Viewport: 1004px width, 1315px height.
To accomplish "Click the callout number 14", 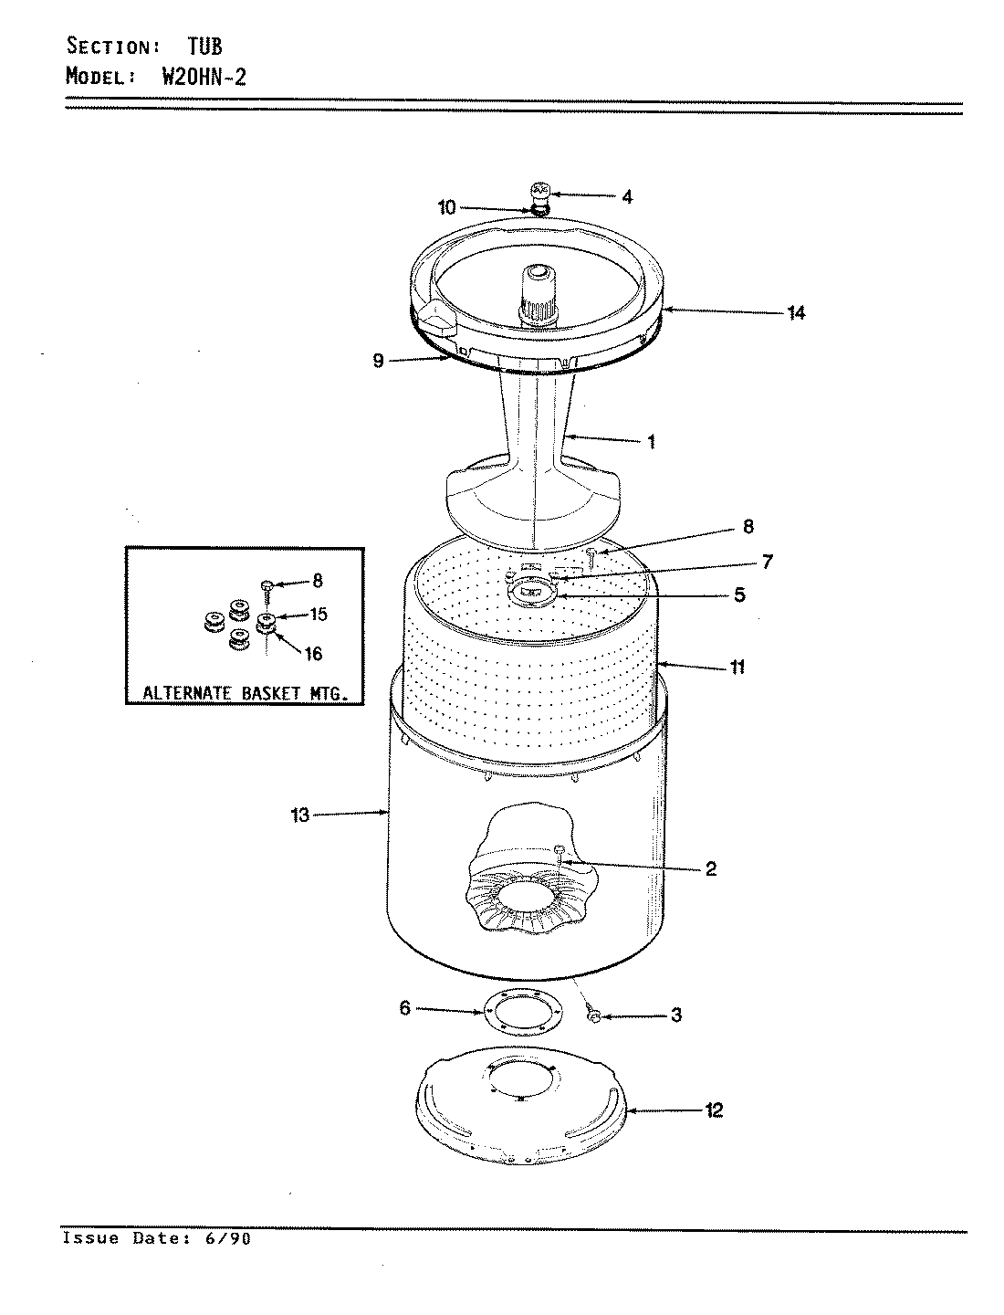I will pos(796,313).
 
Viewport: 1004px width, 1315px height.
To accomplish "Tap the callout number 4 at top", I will pos(627,196).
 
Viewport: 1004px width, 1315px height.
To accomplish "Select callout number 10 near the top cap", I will pos(446,208).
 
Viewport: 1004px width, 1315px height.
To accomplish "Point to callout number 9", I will pos(379,361).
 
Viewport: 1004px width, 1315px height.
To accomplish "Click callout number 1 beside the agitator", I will pos(651,442).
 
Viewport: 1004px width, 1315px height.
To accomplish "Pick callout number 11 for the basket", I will pos(737,667).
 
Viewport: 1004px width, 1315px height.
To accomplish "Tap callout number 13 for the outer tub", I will pos(301,815).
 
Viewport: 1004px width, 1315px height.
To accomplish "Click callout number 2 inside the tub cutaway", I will pos(710,868).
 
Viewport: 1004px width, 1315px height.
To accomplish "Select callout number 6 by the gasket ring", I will pos(405,1008).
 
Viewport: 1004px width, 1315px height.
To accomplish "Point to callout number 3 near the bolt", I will pos(675,1015).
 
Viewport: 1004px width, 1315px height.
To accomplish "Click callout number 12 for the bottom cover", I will pos(714,1110).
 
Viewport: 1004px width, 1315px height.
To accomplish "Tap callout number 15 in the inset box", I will pos(318,615).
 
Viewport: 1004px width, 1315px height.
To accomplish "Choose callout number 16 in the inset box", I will pos(313,654).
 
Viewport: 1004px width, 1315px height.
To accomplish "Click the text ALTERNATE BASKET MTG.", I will pos(245,693).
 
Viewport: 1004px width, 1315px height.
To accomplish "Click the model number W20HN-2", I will pos(204,76).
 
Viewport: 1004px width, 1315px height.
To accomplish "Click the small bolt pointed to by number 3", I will pos(593,1015).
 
